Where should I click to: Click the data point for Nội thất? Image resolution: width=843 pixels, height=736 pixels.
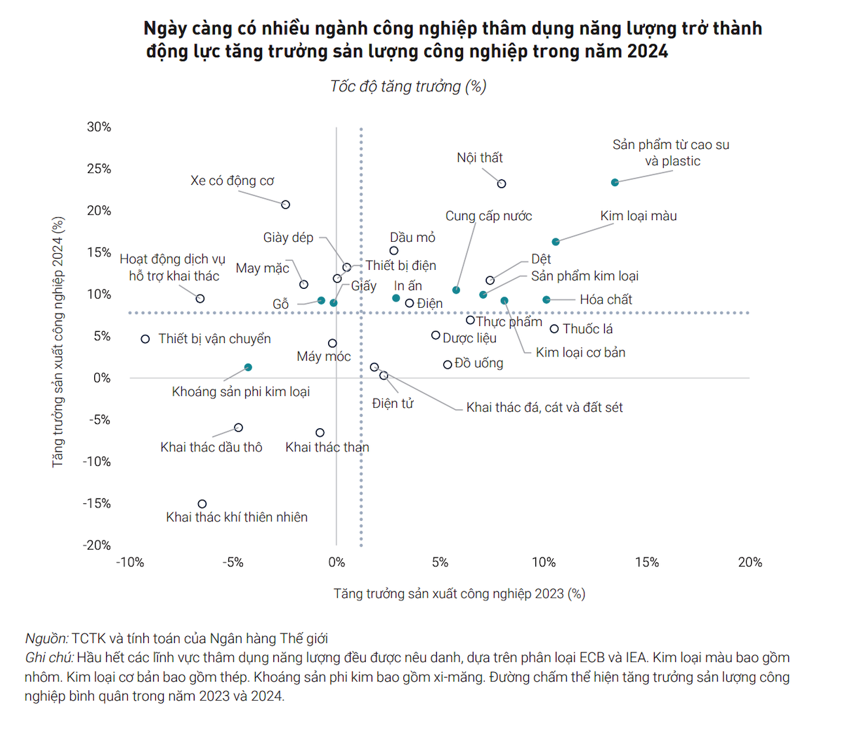pyautogui.click(x=502, y=183)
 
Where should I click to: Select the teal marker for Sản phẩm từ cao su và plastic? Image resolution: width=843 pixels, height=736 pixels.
pyautogui.click(x=615, y=182)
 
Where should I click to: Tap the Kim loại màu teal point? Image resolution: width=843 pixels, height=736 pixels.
pyautogui.click(x=556, y=242)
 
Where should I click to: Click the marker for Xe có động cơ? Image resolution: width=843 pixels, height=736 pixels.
pyautogui.click(x=286, y=205)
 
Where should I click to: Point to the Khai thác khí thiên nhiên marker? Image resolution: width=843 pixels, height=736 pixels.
pyautogui.click(x=202, y=504)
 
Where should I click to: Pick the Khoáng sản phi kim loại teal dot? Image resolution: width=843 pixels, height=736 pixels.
pyautogui.click(x=248, y=368)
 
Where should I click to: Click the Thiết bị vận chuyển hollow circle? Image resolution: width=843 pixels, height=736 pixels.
pyautogui.click(x=145, y=339)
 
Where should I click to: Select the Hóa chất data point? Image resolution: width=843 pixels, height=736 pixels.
pyautogui.click(x=547, y=300)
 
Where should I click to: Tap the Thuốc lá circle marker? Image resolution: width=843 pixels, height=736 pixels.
pyautogui.click(x=554, y=329)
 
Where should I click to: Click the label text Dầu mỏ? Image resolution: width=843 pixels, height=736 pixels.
pyautogui.click(x=412, y=238)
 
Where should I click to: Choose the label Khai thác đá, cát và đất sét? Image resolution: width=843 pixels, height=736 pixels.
pyautogui.click(x=544, y=408)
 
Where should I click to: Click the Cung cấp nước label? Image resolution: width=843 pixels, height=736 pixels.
pyautogui.click(x=488, y=216)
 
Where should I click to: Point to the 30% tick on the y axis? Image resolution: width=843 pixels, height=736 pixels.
pyautogui.click(x=99, y=127)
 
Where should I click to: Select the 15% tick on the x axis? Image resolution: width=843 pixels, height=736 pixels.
pyautogui.click(x=647, y=562)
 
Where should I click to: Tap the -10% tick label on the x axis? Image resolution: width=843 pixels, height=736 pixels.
pyautogui.click(x=130, y=562)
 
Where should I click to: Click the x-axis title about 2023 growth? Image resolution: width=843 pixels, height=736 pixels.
pyautogui.click(x=459, y=594)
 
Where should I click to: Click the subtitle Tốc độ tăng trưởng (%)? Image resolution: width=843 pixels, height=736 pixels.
pyautogui.click(x=408, y=86)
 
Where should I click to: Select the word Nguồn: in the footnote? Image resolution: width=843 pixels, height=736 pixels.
pyautogui.click(x=46, y=639)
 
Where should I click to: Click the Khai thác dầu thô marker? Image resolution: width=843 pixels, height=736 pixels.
pyautogui.click(x=239, y=427)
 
